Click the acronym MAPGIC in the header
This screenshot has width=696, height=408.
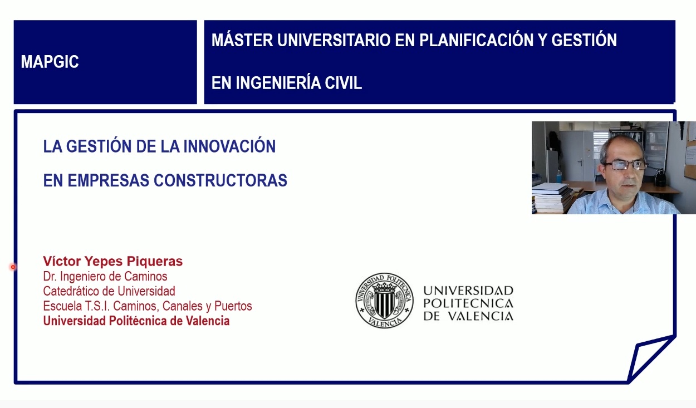click(50, 61)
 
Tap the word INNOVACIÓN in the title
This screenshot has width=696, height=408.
click(229, 146)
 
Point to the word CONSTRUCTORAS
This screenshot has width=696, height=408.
click(220, 180)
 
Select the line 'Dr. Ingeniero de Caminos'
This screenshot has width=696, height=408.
click(105, 276)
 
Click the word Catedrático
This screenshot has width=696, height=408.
click(71, 291)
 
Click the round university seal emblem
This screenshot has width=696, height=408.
click(384, 301)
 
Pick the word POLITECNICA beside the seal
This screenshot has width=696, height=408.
click(468, 303)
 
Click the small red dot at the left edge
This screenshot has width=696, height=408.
click(13, 267)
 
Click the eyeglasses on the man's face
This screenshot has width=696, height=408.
click(624, 165)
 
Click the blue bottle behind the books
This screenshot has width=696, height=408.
click(559, 176)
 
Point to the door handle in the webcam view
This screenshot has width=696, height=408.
click(580, 162)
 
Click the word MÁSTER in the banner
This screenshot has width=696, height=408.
click(242, 40)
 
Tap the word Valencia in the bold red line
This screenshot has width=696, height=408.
click(208, 321)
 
